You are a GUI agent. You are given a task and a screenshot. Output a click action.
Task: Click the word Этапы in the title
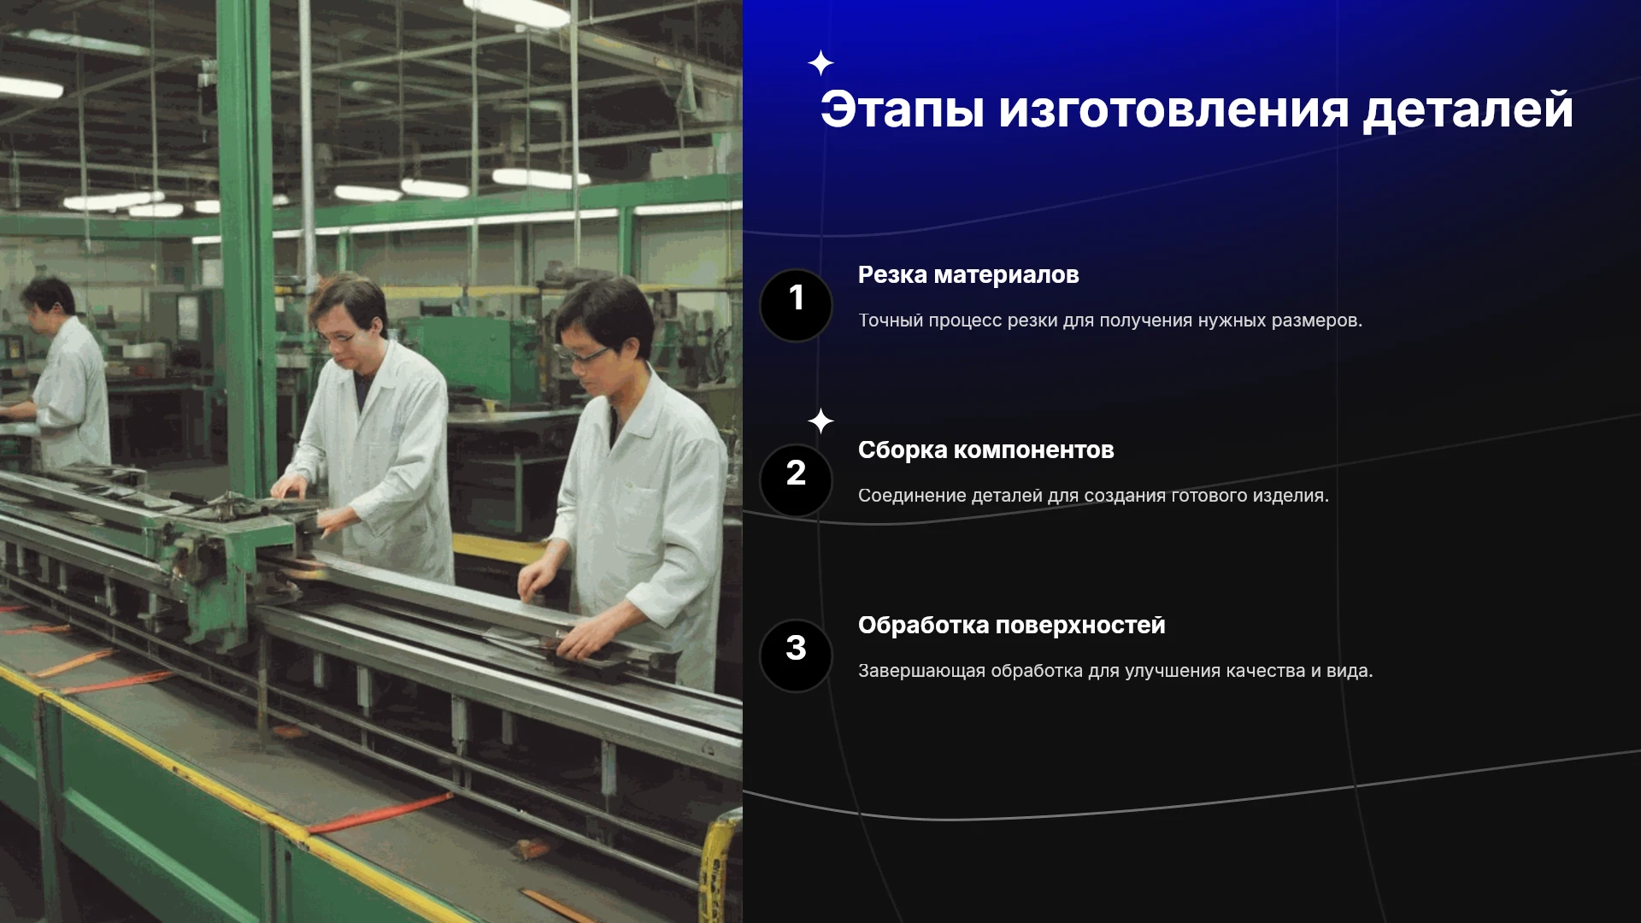[902, 109]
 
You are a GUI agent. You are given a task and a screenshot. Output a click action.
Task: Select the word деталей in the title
[1467, 111]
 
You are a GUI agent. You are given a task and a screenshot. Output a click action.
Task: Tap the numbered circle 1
[796, 305]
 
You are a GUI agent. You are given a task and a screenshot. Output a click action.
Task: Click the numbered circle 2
[796, 480]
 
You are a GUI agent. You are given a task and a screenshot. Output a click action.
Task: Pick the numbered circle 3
[796, 656]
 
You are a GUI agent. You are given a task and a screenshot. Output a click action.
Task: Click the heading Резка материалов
[968, 275]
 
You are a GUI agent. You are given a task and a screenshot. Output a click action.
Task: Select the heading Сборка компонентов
[985, 450]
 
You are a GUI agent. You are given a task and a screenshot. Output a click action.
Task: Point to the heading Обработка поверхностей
[1011, 626]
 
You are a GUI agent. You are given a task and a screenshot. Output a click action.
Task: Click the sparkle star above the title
[820, 63]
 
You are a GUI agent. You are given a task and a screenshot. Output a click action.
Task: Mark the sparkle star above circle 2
[820, 420]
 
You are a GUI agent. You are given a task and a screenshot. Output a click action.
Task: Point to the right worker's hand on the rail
[590, 636]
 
